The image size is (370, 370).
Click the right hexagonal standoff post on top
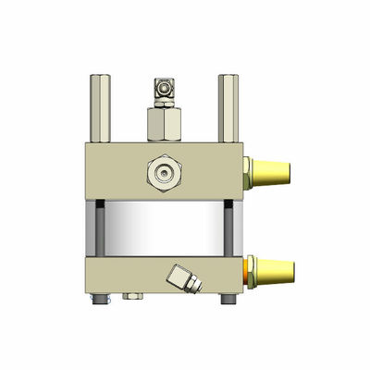point(227,106)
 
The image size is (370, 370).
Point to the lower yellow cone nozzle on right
point(275,272)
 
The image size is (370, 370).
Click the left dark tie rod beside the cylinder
point(94,227)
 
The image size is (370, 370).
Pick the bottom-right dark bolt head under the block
point(226,301)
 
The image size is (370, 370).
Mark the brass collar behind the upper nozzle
point(247,171)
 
